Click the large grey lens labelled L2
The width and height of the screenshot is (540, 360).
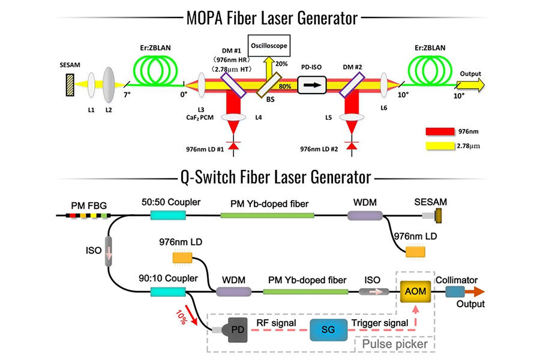(110, 83)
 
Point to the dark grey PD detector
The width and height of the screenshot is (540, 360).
(234, 330)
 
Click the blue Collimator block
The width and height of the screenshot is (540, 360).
(454, 291)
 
